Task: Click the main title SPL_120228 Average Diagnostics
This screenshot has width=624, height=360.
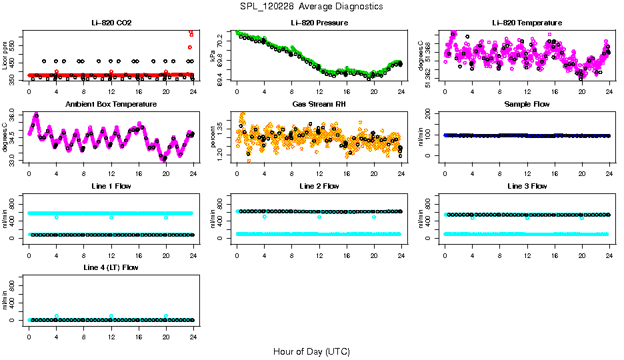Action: tap(312, 6)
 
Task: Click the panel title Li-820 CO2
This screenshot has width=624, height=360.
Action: tap(111, 23)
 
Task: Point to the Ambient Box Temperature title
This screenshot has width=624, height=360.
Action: tap(111, 105)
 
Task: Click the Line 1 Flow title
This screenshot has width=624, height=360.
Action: tap(111, 186)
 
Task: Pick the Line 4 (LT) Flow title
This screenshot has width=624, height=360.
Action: tap(111, 267)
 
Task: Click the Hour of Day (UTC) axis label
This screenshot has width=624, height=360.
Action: tap(311, 351)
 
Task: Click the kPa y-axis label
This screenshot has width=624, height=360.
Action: tap(213, 57)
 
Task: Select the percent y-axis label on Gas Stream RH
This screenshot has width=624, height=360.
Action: tap(213, 139)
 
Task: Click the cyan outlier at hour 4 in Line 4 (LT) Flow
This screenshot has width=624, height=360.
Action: tap(57, 316)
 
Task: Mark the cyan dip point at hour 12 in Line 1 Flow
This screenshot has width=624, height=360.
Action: tap(111, 217)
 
